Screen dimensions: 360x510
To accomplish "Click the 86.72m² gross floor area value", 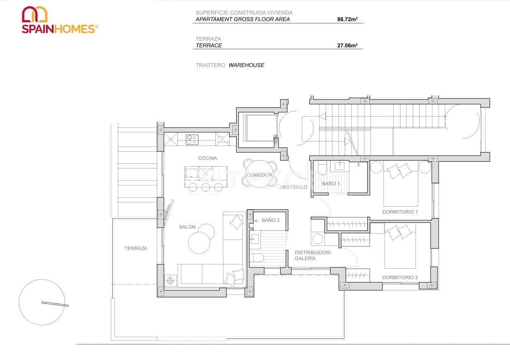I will pos(347,19).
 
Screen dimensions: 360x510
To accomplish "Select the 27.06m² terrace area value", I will pos(347,46).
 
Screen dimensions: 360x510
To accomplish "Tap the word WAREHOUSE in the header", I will pos(246,65).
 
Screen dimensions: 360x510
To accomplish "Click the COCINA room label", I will pos(207,158).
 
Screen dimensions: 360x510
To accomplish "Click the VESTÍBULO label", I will pos(293,187).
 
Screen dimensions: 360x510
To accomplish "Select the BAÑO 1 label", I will pos(331,183).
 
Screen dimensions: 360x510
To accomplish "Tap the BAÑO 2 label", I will pos(271,220).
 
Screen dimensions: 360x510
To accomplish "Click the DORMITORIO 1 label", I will pos(400,212).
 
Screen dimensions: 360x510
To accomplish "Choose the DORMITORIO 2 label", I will pos(400,277).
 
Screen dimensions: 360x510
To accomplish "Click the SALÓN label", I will pos(187,227).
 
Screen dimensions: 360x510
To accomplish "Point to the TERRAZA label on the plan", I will pos(136,248).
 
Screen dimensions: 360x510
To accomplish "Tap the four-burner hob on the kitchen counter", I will pos(192,139).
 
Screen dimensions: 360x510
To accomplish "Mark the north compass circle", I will pos(42,302).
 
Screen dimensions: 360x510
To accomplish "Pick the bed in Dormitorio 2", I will pos(400,246).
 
